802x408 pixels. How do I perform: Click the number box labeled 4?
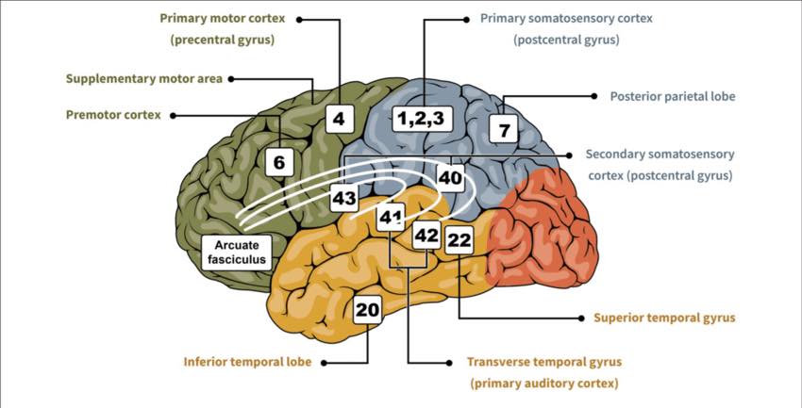click(x=339, y=119)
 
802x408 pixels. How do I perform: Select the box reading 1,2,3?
click(x=422, y=119)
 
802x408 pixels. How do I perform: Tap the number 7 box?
click(x=504, y=129)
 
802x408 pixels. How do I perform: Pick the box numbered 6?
click(x=280, y=162)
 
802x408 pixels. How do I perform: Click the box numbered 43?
click(x=343, y=198)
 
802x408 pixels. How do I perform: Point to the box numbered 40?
click(x=450, y=178)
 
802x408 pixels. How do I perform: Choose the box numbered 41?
click(x=391, y=217)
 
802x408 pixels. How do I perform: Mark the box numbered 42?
click(x=426, y=236)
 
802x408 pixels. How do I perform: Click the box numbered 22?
click(x=459, y=240)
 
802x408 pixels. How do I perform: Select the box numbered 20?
click(x=367, y=309)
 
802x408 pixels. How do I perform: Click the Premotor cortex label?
click(x=113, y=115)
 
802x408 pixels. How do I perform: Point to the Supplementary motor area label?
click(x=144, y=79)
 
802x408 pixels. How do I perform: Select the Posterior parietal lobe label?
click(x=673, y=96)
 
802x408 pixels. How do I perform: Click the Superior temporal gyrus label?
click(x=664, y=318)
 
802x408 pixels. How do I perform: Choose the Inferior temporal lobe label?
click(x=247, y=362)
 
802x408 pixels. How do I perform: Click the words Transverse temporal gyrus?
click(x=544, y=362)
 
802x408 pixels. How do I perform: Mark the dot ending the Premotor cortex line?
click(x=173, y=116)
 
